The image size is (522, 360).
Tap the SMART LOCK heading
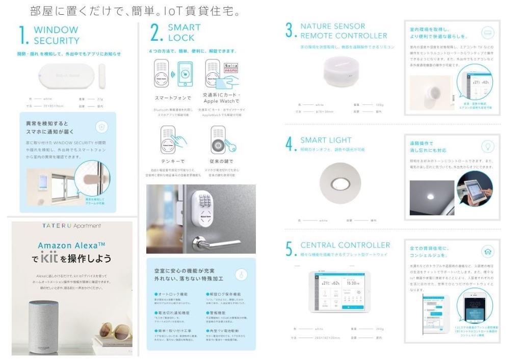tap(184, 32)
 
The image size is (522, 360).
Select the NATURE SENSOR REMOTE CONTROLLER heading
tap(343, 31)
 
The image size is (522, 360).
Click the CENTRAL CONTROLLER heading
tap(345, 245)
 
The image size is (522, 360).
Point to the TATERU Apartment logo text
tap(71, 226)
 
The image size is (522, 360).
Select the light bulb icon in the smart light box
tap(488, 147)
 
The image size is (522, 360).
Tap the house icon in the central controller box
tap(488, 252)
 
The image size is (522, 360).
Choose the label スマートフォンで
tap(172, 98)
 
